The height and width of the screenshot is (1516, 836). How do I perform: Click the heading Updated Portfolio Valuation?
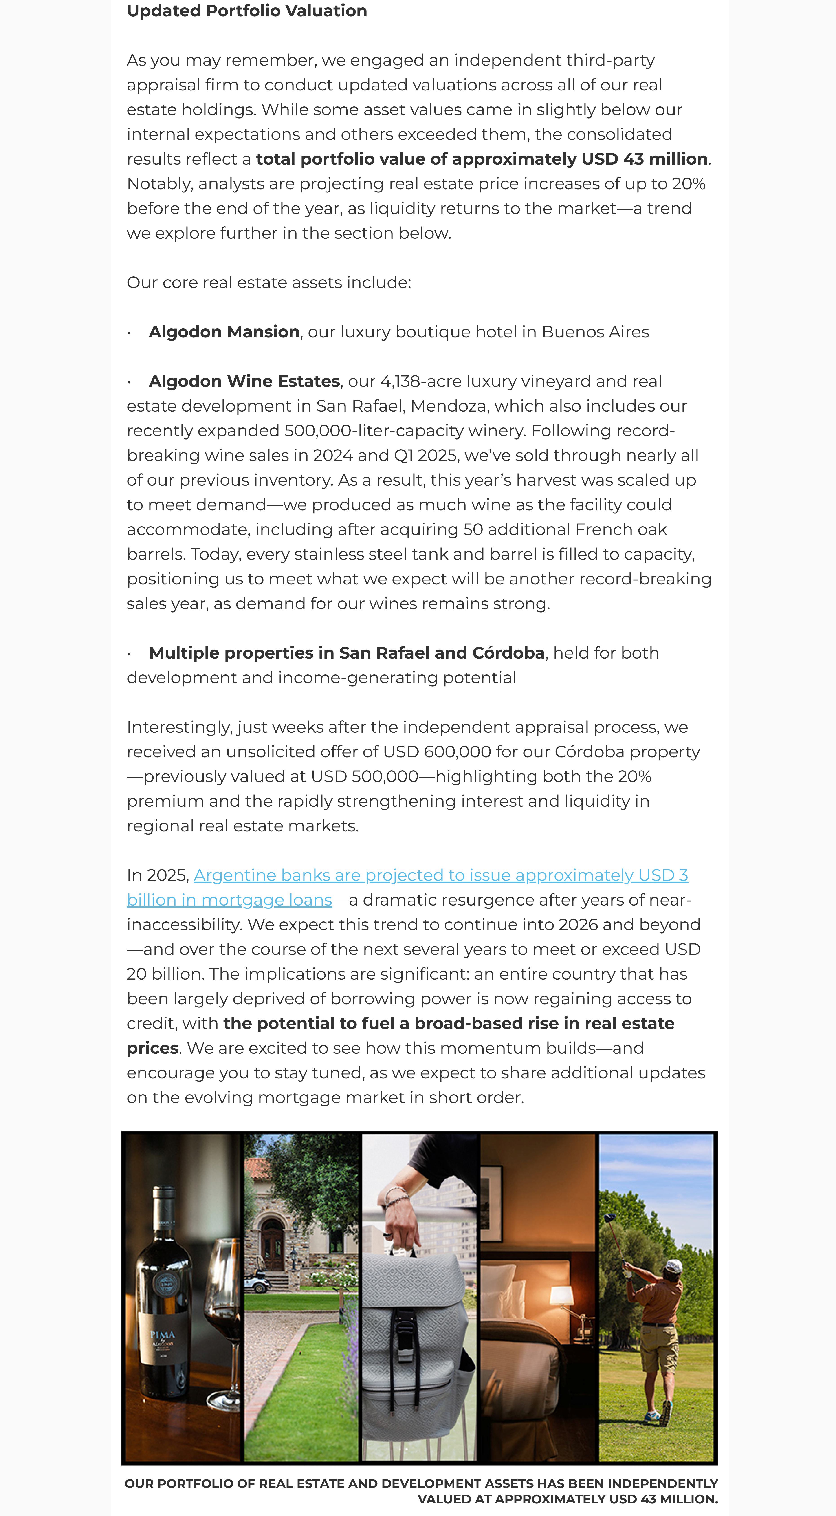point(246,11)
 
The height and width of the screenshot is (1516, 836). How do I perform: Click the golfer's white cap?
point(672,1265)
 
